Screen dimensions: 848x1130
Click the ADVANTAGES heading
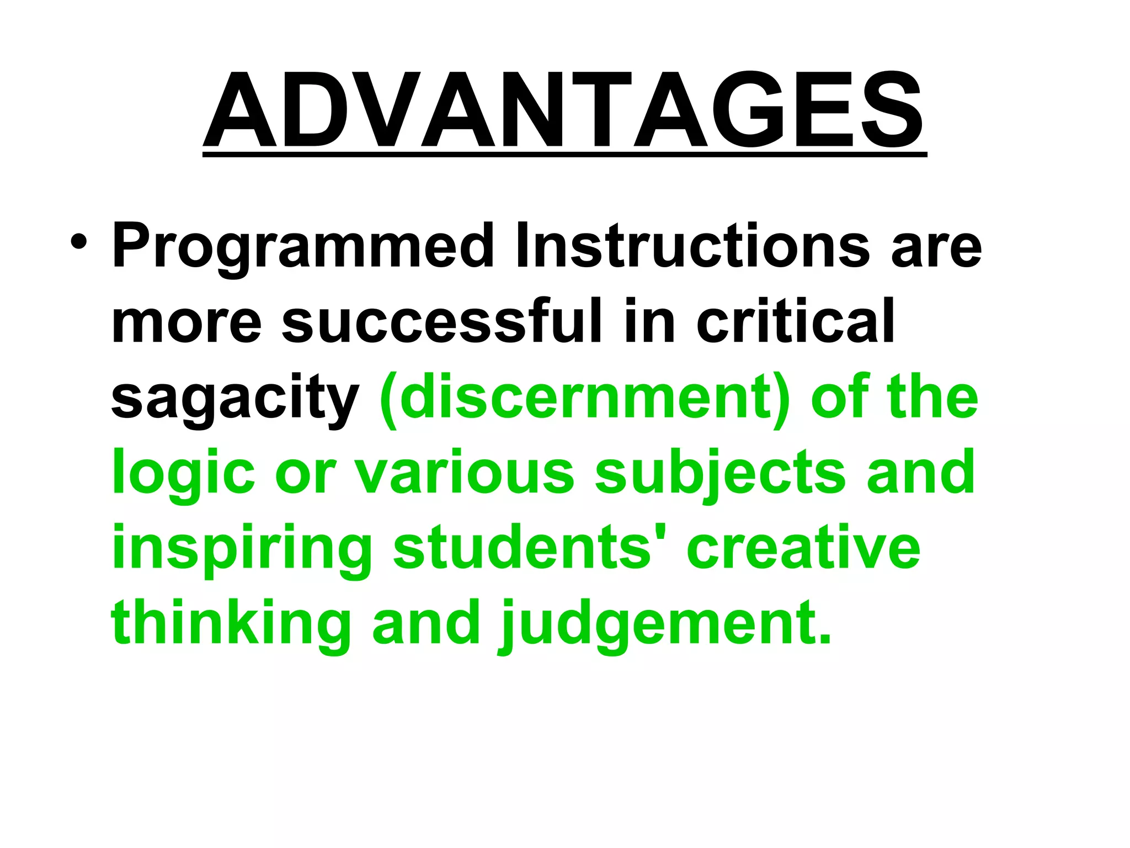point(564,110)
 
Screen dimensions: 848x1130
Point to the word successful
point(441,321)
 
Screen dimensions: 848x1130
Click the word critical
point(795,321)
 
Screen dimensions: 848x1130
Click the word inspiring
point(242,549)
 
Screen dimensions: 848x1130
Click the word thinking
point(231,624)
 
